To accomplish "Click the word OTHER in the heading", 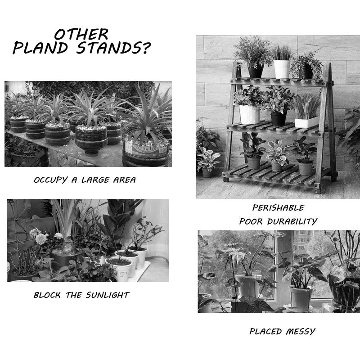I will click(x=81, y=35).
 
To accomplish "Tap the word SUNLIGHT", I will click(x=108, y=296).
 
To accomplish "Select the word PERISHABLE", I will click(x=278, y=208).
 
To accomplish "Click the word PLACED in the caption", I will click(x=265, y=332).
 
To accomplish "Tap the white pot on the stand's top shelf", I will click(x=282, y=69).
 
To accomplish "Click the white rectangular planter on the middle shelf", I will click(x=306, y=121).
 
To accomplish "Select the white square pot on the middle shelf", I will click(x=249, y=114).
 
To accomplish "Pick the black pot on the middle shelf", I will click(x=278, y=118).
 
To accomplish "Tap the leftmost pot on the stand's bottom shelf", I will click(x=254, y=162).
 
